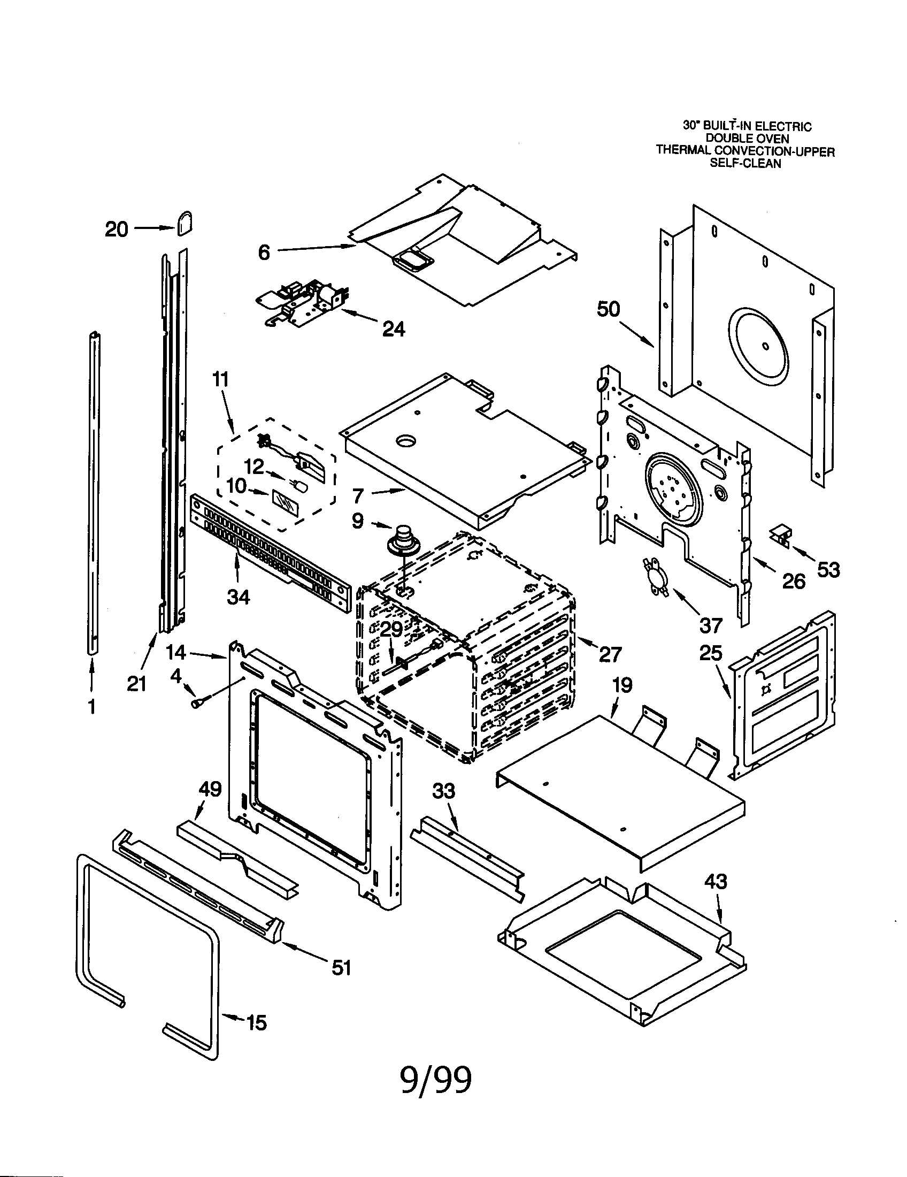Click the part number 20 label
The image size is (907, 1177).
coord(117,230)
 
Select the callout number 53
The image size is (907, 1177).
coord(828,569)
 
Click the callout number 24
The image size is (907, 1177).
coord(394,328)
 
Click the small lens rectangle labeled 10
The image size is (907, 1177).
coord(285,504)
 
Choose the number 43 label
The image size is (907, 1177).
coord(715,882)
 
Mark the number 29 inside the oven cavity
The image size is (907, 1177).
coord(391,629)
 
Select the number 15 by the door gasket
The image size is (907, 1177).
coord(256,1022)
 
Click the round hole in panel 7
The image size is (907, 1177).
coord(406,441)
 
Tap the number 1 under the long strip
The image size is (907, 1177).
coord(92,706)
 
